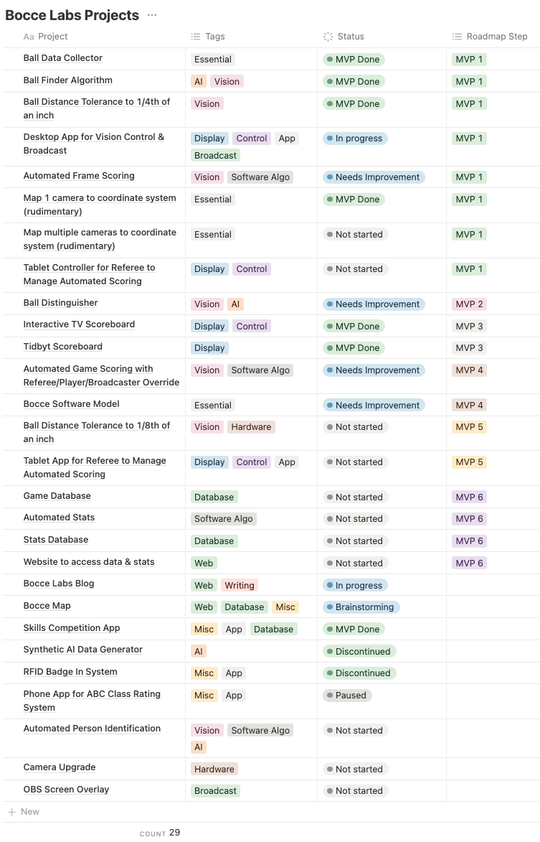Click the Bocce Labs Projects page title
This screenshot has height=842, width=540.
(x=72, y=15)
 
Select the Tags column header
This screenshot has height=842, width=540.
(x=214, y=37)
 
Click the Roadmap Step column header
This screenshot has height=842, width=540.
(x=496, y=37)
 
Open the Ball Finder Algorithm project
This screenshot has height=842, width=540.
(x=67, y=80)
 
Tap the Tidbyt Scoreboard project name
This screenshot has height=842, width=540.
(x=62, y=347)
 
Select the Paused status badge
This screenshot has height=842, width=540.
(x=348, y=696)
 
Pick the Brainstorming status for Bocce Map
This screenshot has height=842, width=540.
(x=361, y=607)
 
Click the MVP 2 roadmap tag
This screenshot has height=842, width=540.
(x=470, y=304)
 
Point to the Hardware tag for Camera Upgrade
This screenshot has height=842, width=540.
(x=214, y=770)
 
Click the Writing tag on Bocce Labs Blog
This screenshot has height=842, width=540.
(x=240, y=586)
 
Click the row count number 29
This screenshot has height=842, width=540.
(x=175, y=833)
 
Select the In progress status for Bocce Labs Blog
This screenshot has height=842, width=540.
(x=356, y=586)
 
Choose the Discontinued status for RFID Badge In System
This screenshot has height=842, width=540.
(x=360, y=673)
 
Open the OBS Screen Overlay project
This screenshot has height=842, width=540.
(x=66, y=790)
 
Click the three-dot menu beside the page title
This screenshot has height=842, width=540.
(x=151, y=15)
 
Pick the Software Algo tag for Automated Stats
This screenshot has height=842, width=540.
(x=223, y=519)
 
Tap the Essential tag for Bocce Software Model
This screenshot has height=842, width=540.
(x=213, y=406)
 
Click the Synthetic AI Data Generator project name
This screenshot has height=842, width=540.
(x=82, y=650)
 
